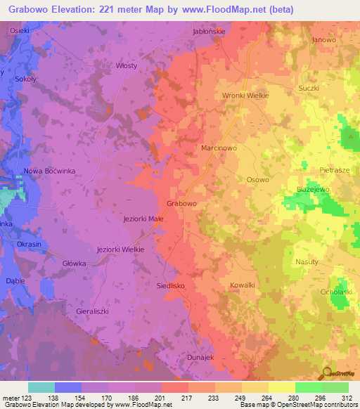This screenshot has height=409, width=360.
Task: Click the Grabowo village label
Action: tap(181, 203)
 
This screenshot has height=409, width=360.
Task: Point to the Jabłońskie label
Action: tap(209, 32)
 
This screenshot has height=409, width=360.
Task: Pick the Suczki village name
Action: tap(309, 89)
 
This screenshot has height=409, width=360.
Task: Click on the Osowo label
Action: tap(257, 180)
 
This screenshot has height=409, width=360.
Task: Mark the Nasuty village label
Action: tap(307, 261)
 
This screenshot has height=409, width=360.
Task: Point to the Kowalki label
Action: tap(243, 285)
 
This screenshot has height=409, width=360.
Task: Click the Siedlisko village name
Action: tap(169, 286)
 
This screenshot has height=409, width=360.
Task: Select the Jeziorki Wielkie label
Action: tap(120, 249)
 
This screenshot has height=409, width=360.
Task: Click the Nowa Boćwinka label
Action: tap(49, 171)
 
